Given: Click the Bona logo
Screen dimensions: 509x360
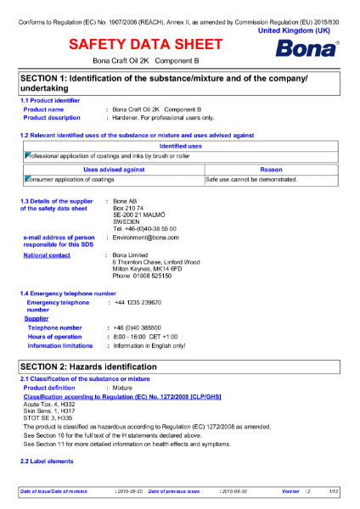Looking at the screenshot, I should tap(307, 48).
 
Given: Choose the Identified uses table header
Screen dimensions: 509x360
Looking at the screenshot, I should tap(180, 146).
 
